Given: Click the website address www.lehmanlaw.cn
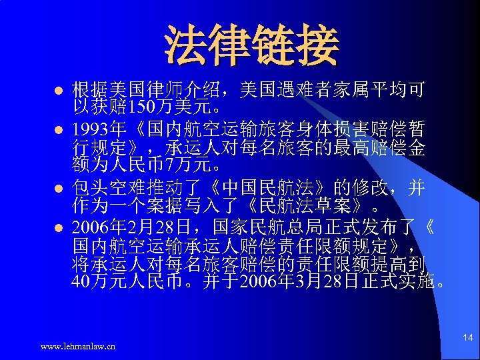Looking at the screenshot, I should point(78,346).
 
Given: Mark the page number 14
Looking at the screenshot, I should point(467,338).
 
